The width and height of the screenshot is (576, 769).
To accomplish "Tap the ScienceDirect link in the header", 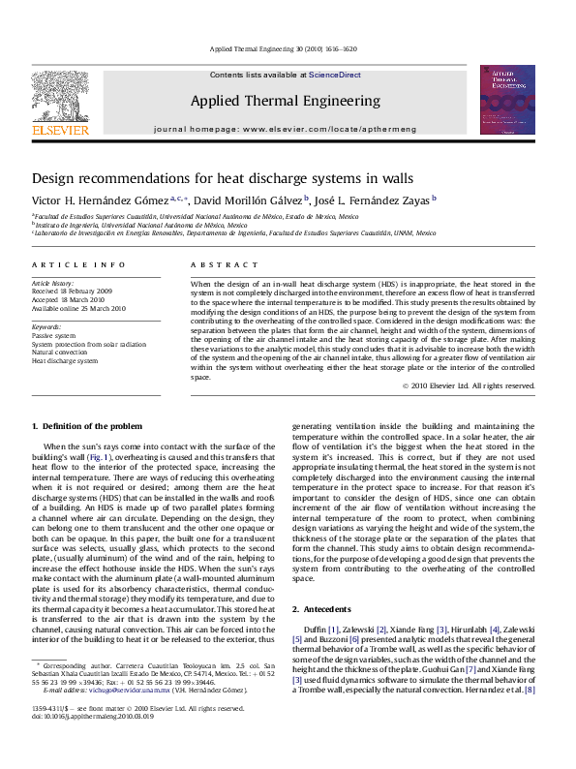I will pos(335,74).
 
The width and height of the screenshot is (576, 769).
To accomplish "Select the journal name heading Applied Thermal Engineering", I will pos(285,101).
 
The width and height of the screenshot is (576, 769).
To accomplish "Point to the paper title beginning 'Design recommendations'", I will pos(209,179).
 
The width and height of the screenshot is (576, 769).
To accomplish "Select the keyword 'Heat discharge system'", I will pos(65,360).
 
